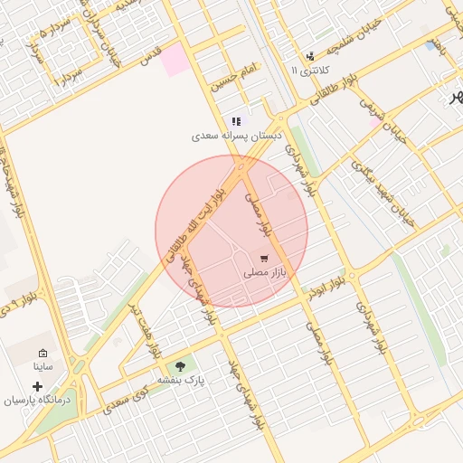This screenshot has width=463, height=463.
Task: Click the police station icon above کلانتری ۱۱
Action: point(311,56)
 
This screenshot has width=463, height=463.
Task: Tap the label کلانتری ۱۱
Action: point(311,70)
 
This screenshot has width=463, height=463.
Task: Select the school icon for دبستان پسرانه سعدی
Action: point(237,121)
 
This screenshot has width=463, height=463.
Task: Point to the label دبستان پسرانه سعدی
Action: point(237,136)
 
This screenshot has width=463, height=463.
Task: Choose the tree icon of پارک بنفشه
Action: point(181,366)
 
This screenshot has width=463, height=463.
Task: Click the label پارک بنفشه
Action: point(182,381)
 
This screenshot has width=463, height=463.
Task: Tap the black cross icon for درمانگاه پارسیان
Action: point(37,385)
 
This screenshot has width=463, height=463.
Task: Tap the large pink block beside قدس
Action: point(176,58)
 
